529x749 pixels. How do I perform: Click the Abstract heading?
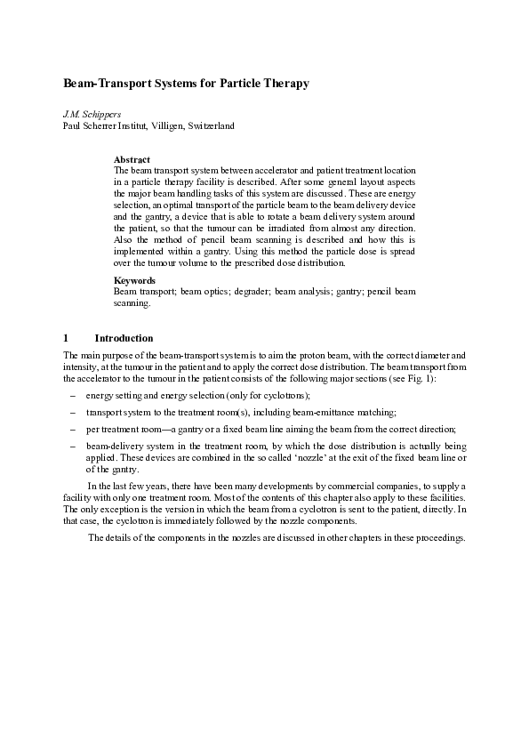point(132,159)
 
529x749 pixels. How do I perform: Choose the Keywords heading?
point(134,280)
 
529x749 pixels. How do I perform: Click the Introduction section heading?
point(124,338)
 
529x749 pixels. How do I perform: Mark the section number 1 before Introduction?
point(66,338)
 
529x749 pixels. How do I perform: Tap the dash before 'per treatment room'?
point(71,429)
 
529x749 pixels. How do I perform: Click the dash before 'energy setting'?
point(71,395)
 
